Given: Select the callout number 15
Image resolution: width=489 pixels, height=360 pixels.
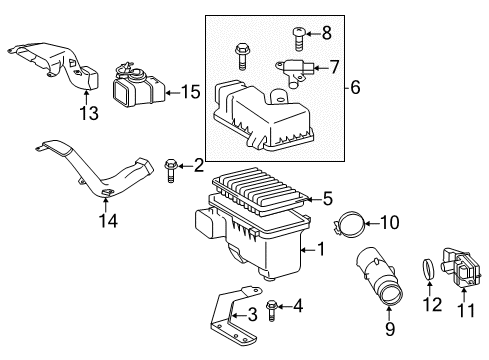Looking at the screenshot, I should pyautogui.click(x=190, y=92).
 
